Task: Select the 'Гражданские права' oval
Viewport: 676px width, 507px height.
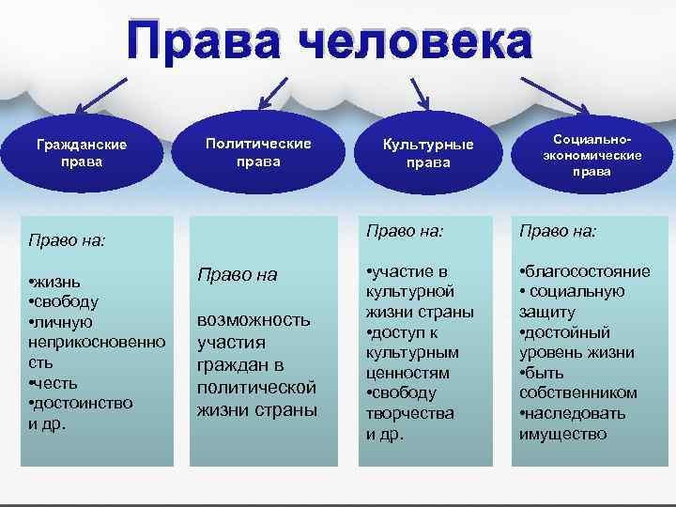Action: coord(82,152)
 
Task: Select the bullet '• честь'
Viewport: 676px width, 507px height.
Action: coord(54,383)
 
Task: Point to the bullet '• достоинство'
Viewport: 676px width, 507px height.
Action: coord(81,403)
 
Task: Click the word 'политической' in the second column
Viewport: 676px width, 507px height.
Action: coord(256,388)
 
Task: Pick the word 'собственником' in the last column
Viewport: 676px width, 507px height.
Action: coord(577,393)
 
